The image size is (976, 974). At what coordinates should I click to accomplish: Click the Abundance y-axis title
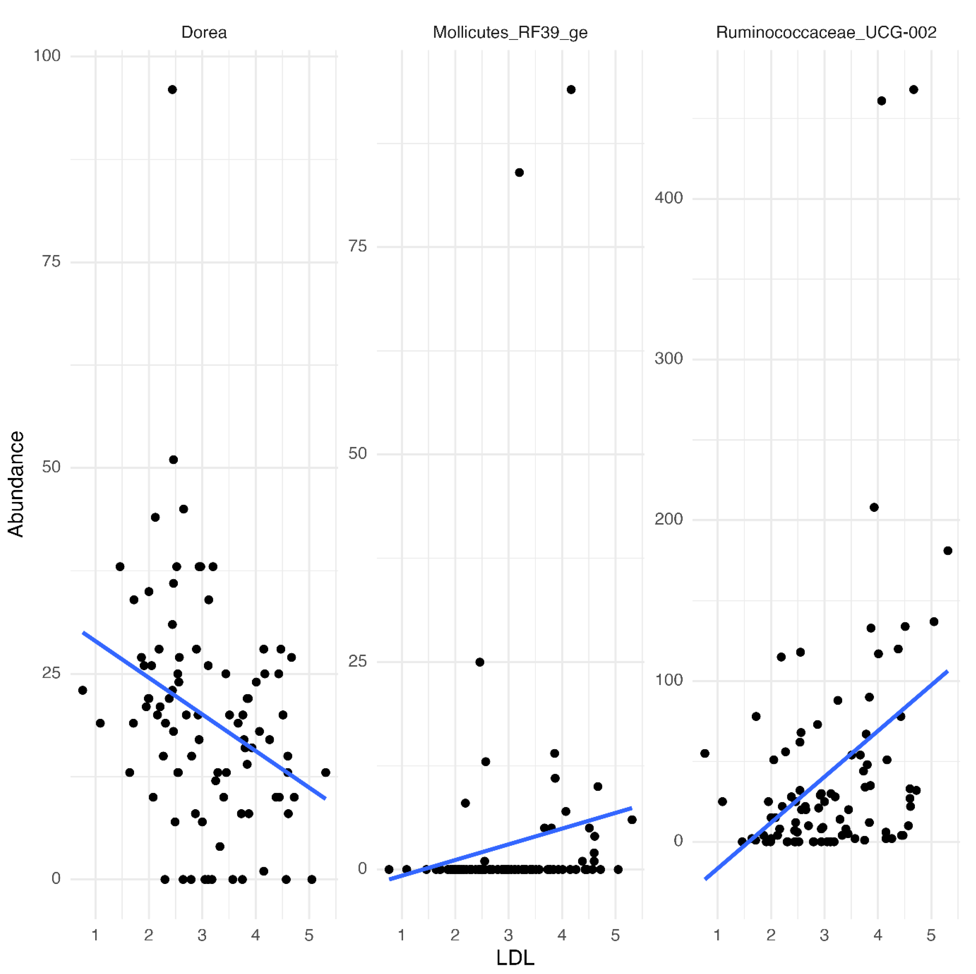[x=16, y=484]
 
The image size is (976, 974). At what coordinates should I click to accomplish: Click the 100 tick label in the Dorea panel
[x=47, y=56]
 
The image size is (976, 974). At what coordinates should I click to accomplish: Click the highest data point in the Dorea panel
[x=172, y=90]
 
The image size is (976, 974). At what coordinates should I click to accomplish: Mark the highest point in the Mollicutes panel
[x=571, y=90]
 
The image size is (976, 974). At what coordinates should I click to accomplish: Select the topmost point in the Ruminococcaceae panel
[x=913, y=90]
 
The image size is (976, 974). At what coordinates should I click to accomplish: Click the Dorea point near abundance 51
[x=173, y=460]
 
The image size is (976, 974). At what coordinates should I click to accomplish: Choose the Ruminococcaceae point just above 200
[x=874, y=507]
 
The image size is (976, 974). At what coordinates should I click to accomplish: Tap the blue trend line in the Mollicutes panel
[x=510, y=843]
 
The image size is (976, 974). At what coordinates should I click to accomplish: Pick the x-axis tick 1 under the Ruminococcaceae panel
[x=717, y=936]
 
